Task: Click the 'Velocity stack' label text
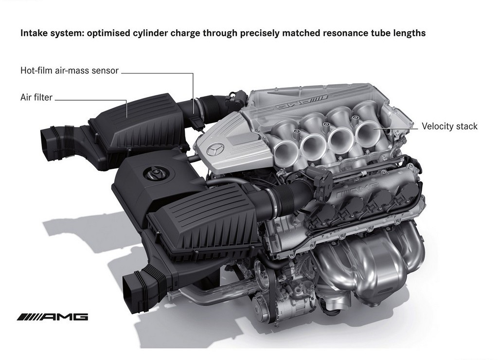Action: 449,126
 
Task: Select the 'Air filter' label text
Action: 36,97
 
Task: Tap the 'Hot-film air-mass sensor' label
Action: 69,70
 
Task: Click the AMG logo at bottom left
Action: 53,317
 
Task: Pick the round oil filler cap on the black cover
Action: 154,174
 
